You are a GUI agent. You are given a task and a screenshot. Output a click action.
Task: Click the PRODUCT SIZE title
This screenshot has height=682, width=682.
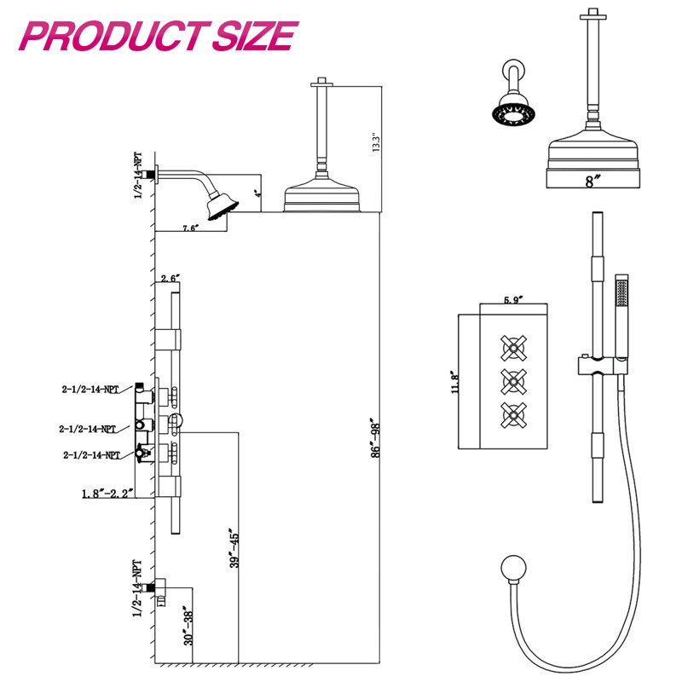[x=159, y=36]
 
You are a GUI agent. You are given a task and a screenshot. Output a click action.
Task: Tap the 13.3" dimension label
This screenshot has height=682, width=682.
[x=376, y=142]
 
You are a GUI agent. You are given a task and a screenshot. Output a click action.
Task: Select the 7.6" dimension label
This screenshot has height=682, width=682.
[x=190, y=228]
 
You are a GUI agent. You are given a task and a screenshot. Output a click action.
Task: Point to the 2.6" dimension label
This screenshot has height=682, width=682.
[x=170, y=278]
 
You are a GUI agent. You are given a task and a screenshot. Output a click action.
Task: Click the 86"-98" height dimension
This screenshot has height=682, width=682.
[x=376, y=437]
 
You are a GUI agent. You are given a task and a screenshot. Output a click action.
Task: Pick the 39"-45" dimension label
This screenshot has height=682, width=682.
[x=234, y=548]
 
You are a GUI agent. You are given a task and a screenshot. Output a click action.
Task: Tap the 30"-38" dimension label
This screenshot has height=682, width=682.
[x=188, y=627]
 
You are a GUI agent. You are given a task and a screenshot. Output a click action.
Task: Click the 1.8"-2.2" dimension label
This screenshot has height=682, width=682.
[x=107, y=494]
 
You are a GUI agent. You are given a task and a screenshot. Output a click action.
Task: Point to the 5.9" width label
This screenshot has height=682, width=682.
[x=513, y=300]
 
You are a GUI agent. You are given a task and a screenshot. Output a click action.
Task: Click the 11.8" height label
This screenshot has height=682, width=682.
[x=455, y=382]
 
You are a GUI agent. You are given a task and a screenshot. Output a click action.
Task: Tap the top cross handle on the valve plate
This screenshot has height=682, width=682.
[x=513, y=348]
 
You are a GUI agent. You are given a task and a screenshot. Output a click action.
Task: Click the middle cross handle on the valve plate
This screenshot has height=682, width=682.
[x=513, y=382]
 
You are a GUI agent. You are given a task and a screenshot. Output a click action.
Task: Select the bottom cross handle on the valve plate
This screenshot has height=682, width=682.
[x=513, y=415]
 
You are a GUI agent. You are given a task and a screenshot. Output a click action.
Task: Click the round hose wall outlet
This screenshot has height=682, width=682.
[x=513, y=568]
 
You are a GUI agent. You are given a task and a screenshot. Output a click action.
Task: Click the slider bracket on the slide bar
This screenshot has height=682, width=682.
[x=603, y=366]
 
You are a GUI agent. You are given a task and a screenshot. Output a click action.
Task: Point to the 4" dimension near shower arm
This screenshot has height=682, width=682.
[x=258, y=194]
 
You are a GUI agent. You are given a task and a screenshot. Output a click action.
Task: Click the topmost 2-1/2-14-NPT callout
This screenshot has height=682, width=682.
[x=90, y=390]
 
